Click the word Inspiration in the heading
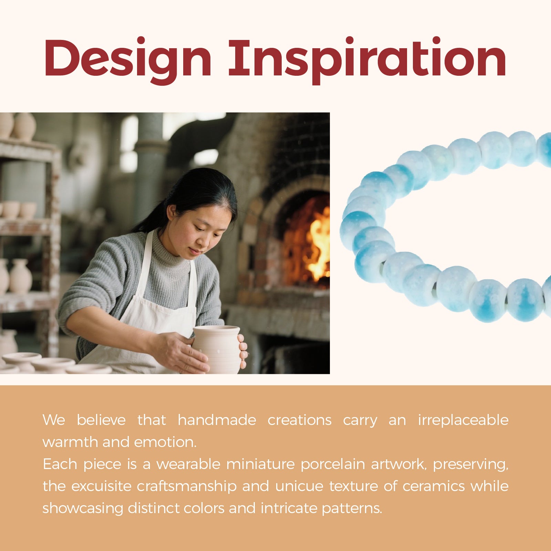click(367, 60)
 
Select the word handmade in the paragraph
click(217, 420)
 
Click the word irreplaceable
click(463, 420)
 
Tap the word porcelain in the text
click(332, 465)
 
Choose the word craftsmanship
click(187, 487)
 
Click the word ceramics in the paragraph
click(434, 487)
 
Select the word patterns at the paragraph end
click(352, 509)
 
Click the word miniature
click(260, 464)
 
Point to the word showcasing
click(83, 509)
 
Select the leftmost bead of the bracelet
click(358, 229)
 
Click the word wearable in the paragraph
click(188, 464)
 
